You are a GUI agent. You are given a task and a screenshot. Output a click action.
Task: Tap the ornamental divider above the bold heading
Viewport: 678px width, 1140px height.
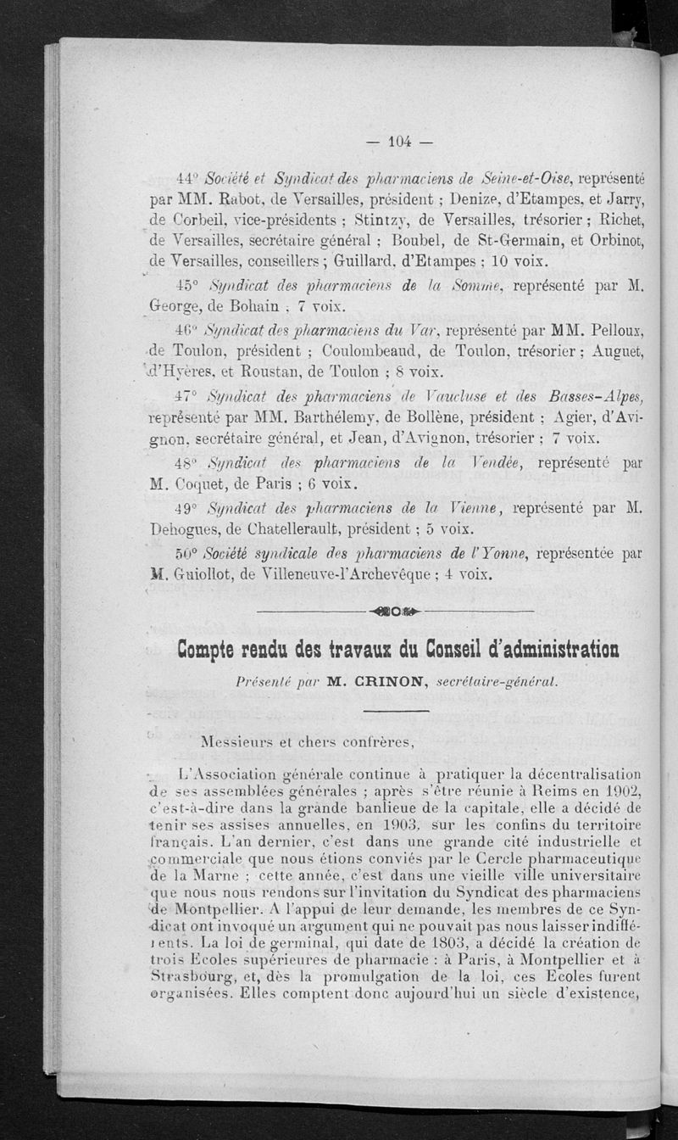pyautogui.click(x=394, y=612)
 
